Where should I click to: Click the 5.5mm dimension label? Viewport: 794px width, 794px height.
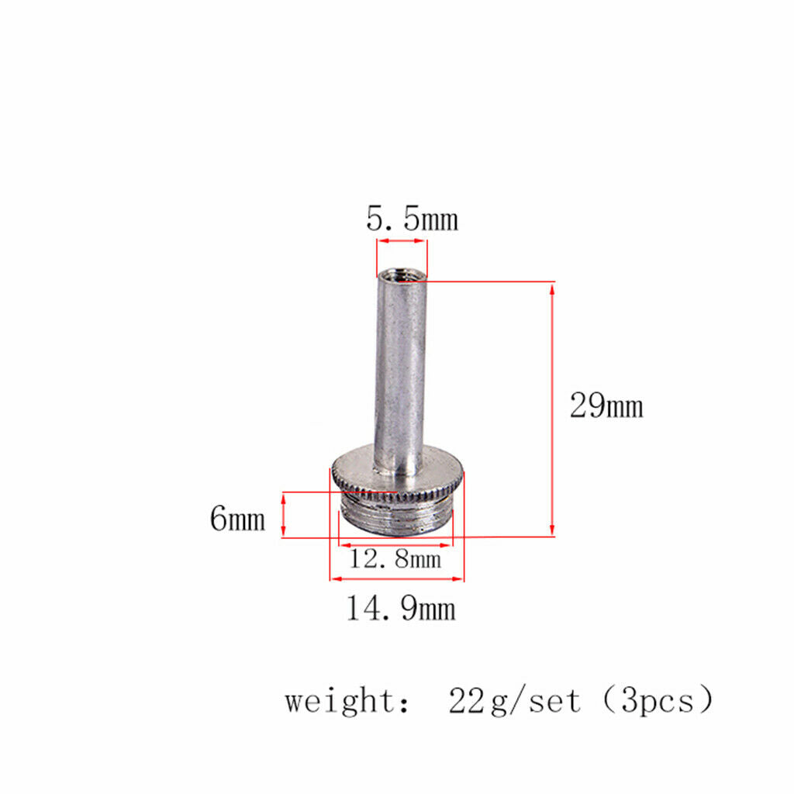413,219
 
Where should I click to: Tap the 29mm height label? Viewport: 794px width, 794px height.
606,406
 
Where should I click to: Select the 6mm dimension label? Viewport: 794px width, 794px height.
237,518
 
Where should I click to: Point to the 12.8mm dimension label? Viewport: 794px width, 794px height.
395,559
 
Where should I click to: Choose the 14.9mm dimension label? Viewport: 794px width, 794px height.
401,608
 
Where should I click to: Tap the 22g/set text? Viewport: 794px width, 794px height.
514,701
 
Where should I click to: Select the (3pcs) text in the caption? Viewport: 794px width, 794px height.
658,700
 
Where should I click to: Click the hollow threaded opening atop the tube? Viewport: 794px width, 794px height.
402,276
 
